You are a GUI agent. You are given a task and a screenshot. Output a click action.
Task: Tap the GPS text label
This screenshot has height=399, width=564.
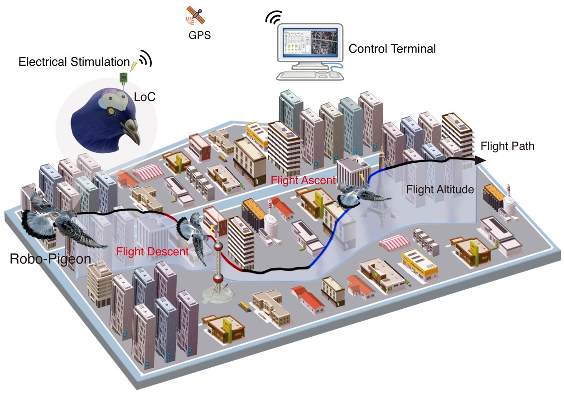200,35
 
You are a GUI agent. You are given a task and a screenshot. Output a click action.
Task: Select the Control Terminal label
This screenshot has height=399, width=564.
392,48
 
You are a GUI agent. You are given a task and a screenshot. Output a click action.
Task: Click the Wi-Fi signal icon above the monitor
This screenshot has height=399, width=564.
273,18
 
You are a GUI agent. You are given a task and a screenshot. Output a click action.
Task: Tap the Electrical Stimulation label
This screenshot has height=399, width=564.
74,62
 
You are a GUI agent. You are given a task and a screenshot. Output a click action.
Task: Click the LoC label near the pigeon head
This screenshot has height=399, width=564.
145,97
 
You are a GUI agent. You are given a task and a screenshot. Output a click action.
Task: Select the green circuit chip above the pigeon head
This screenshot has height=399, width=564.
123,78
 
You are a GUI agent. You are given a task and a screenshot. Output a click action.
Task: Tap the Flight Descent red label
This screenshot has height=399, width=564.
152,251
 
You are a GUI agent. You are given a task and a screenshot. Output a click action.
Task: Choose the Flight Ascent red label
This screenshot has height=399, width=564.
303,180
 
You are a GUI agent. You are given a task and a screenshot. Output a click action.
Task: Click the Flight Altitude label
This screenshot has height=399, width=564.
440,190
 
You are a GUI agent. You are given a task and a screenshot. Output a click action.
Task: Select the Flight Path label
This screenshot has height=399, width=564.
507,146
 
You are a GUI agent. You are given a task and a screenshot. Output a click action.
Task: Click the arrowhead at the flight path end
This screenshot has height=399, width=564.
480,160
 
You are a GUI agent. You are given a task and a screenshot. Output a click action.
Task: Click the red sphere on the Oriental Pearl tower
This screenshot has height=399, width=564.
218,247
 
